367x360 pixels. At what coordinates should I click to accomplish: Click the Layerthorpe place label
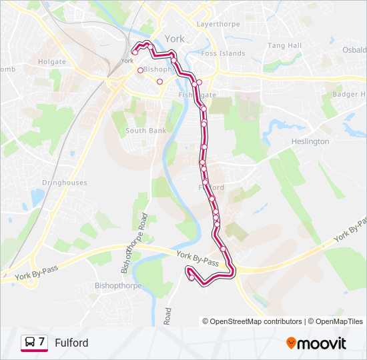click(218, 24)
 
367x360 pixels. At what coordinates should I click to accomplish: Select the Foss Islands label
click(223, 53)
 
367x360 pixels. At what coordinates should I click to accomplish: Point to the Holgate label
click(53, 62)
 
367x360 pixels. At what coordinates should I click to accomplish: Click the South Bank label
click(145, 131)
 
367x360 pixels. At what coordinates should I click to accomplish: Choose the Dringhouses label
click(64, 183)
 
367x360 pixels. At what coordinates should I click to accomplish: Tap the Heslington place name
click(310, 141)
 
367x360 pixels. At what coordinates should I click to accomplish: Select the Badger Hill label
click(349, 95)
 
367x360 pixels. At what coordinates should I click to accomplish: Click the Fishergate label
click(198, 95)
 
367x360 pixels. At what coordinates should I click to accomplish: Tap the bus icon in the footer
click(29, 343)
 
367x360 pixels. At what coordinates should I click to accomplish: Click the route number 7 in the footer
click(41, 342)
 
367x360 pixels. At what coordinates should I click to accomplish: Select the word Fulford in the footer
click(71, 343)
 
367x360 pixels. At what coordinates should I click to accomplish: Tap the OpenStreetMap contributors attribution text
click(256, 321)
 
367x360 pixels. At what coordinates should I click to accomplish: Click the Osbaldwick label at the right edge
click(354, 50)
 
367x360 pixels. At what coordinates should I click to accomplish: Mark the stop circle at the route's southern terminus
click(192, 279)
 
